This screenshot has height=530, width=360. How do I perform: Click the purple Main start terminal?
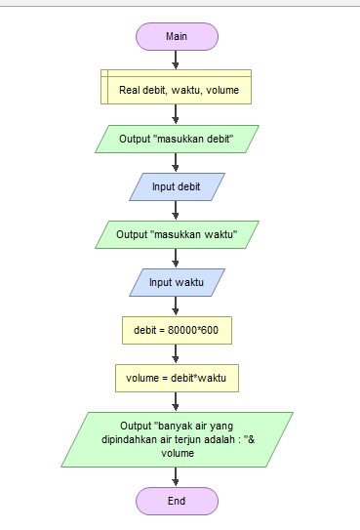pos(177,36)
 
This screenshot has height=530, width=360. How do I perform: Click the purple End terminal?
pos(177,501)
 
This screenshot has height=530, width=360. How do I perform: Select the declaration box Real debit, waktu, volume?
pos(177,89)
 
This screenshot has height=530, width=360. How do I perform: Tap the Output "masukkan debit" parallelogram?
pos(177,139)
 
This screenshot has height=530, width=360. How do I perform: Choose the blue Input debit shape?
pos(177,186)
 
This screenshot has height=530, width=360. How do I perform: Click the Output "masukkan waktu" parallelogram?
pos(177,234)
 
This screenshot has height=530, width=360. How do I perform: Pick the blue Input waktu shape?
pos(177,282)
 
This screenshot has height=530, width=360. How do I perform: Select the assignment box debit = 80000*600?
pos(177,330)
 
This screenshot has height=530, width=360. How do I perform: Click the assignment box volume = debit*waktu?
pos(177,377)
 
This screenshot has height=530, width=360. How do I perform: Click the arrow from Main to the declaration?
pos(177,60)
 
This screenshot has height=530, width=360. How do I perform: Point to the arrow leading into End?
pos(177,476)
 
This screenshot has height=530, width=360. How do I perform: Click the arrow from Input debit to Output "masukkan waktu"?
pos(177,210)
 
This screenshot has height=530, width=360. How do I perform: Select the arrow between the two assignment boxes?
pos(177,353)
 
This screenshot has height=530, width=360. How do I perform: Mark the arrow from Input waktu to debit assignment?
pos(177,306)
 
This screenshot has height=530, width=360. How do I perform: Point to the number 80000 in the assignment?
pos(181,330)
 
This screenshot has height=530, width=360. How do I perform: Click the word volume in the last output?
pos(176,452)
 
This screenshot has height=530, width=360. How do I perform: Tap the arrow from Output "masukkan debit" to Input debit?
pos(177,162)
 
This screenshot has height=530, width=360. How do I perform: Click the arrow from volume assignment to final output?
pos(177,401)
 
